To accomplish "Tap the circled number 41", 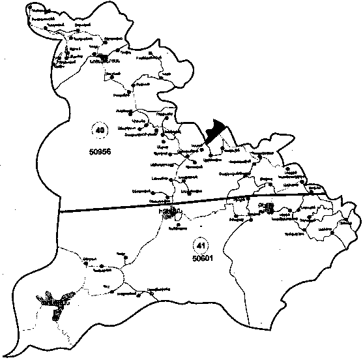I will coord(201,245).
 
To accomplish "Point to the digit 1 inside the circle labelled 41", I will coord(203,245).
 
